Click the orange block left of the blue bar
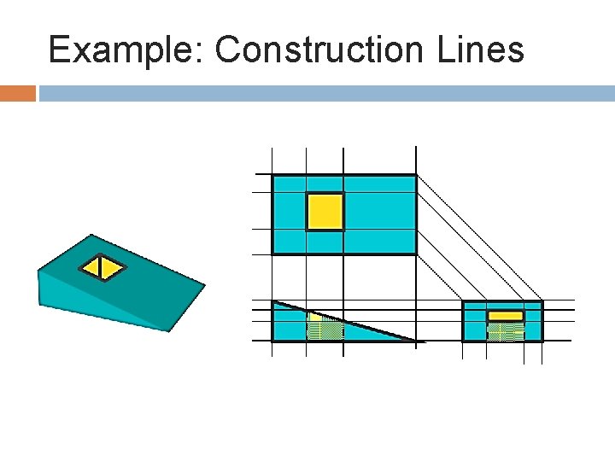coord(17,93)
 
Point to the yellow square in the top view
coord(325,212)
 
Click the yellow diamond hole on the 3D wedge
coord(102,268)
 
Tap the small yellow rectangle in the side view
coord(505,316)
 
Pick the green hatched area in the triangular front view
coord(324,330)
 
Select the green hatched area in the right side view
coord(505,332)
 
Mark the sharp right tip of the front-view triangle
coord(418,341)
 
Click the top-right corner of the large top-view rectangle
coord(416,175)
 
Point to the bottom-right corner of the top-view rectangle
coord(416,254)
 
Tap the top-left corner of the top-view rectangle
coord(272,175)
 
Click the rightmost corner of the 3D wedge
coord(205,284)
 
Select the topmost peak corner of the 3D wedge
coord(91,235)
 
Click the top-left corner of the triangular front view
coord(272,301)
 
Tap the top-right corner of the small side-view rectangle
coord(542,302)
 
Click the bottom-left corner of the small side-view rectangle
coord(463,341)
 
